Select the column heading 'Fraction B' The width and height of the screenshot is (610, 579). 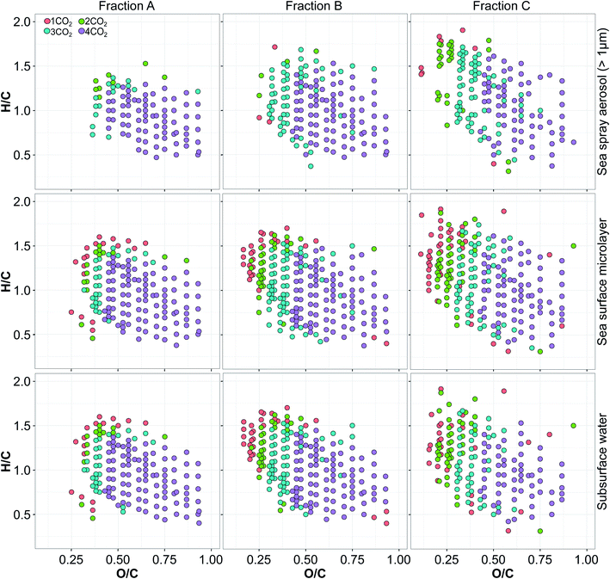coord(313,7)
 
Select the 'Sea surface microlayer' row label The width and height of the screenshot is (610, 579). coord(601,281)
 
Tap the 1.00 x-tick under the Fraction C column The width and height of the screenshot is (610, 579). coord(585,558)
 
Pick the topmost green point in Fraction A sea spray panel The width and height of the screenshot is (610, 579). coord(145,64)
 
